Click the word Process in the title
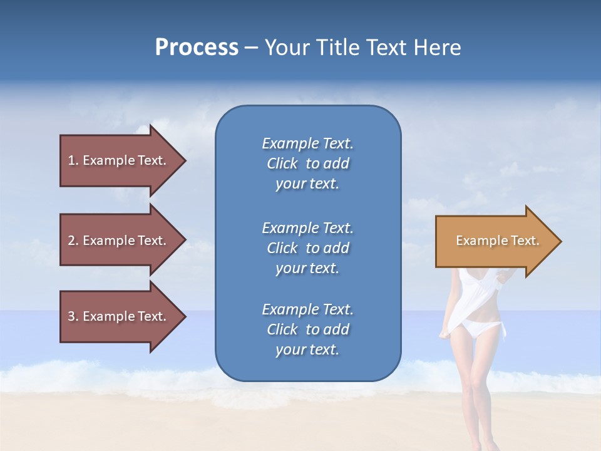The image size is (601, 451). [197, 48]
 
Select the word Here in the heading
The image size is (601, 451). [437, 48]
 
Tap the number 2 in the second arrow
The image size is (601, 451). [71, 241]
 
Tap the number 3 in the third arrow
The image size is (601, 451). [71, 316]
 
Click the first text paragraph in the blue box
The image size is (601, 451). [307, 163]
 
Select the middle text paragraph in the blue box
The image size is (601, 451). [307, 248]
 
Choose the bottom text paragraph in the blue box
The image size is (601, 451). [307, 329]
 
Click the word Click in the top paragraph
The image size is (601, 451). [282, 163]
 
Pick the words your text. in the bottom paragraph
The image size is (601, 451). [307, 350]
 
